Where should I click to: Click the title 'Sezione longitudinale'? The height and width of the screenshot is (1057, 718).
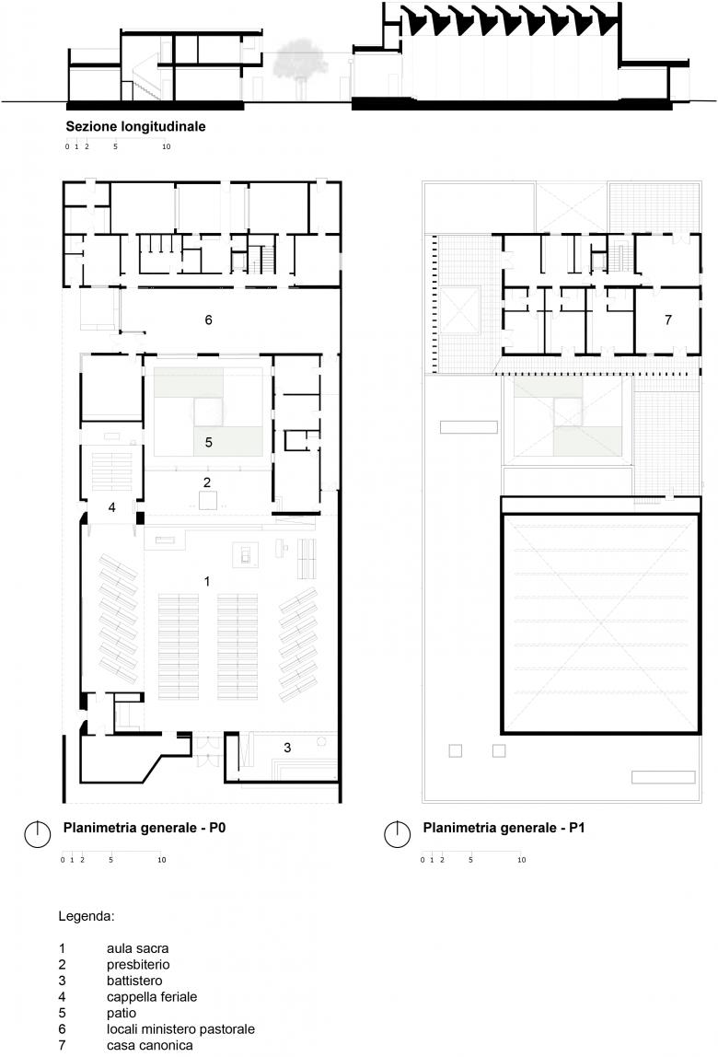(135, 127)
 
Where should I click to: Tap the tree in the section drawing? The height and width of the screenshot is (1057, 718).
(301, 64)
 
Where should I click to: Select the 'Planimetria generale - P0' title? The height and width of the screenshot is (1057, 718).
(145, 828)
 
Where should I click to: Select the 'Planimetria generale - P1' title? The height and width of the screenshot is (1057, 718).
(504, 828)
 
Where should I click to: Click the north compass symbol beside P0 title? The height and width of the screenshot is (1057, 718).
(38, 834)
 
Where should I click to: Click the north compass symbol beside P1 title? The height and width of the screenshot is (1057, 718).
(398, 834)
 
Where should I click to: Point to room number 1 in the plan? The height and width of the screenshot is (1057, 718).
(207, 581)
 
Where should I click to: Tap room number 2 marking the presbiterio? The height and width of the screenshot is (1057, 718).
(207, 482)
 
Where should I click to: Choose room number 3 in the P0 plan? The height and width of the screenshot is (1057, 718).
(287, 748)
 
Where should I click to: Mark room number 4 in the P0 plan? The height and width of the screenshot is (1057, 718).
(112, 507)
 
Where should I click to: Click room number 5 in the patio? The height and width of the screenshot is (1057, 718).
(208, 442)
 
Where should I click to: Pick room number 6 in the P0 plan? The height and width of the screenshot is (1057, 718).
(208, 320)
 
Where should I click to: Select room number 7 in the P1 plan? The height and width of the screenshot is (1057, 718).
(668, 320)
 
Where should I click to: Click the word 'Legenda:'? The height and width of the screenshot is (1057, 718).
(87, 917)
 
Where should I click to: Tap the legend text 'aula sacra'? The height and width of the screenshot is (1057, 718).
(137, 948)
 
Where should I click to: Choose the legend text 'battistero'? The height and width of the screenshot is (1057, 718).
(134, 981)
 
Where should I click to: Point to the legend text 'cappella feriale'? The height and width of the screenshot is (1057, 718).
(152, 997)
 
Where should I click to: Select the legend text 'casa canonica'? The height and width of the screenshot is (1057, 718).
(150, 1046)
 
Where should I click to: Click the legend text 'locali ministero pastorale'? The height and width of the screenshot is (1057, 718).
(180, 1029)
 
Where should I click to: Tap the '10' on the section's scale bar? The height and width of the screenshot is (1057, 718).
(166, 146)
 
